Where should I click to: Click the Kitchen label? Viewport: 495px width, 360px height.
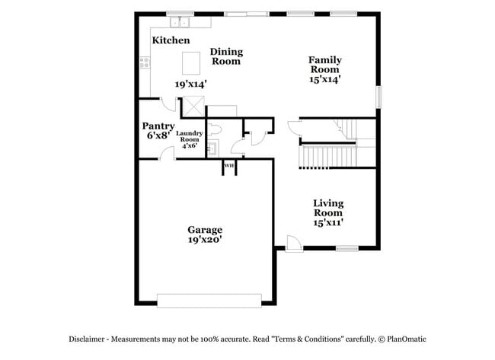tap(171, 40)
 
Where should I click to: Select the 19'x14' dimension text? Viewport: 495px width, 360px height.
tap(190, 85)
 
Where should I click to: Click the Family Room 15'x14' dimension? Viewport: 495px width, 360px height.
tap(324, 78)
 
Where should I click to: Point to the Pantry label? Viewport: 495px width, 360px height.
tap(158, 126)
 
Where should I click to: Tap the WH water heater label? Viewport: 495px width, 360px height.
tap(228, 165)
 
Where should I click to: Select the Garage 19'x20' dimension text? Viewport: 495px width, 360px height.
tap(205, 240)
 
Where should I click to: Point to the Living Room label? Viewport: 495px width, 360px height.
tap(328, 208)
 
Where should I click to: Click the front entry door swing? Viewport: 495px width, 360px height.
tap(293, 243)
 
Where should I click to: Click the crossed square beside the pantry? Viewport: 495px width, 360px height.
tap(194, 107)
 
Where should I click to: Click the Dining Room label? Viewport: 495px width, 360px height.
tap(226, 56)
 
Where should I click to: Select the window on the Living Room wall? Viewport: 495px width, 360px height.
tap(347, 248)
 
